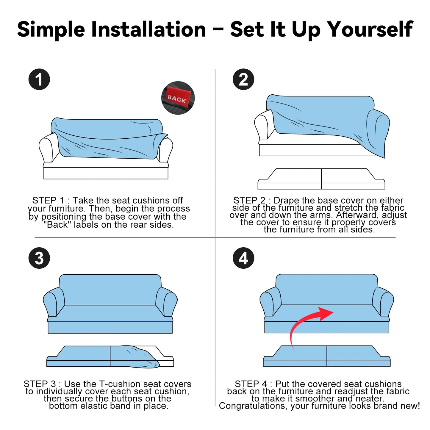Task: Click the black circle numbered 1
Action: [39, 79]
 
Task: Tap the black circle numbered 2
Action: [243, 79]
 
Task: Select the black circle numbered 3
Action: [39, 258]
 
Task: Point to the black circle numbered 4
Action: [243, 258]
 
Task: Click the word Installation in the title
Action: [148, 29]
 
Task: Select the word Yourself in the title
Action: [371, 29]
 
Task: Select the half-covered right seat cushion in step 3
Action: [142, 356]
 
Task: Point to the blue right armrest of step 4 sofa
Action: [383, 301]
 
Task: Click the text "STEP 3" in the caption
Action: [40, 384]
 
